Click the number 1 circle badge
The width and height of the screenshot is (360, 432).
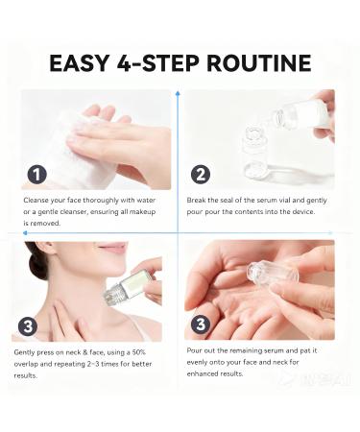click(36, 175)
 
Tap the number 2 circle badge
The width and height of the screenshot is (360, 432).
click(201, 175)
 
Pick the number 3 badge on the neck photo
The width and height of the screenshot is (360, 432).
click(30, 326)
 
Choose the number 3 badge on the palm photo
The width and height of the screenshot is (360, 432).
click(201, 325)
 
